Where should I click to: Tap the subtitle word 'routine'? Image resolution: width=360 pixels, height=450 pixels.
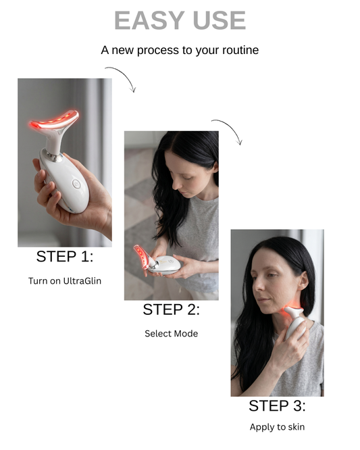point(242,51)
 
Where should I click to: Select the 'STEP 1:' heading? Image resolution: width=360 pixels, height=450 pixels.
point(65,257)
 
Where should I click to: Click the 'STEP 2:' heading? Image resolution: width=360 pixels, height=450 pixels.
point(172,310)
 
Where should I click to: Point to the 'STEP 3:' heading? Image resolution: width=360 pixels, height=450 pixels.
point(277,406)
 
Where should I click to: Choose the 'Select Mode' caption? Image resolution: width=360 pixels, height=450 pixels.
point(171,333)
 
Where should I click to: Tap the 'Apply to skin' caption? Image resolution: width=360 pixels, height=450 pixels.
point(277,427)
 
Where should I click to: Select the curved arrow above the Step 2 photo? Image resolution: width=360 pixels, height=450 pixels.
point(228,130)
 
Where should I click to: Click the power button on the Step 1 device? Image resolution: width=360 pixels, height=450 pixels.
point(76,182)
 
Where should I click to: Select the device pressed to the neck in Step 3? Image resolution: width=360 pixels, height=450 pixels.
point(295,321)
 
